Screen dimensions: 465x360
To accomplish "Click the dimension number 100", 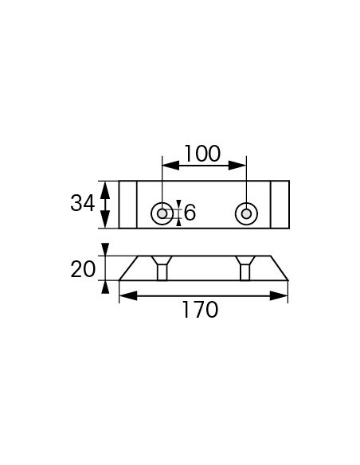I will tap(202, 152).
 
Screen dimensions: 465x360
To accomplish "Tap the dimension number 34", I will tap(82, 203).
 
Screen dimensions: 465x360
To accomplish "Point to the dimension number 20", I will tap(82, 269).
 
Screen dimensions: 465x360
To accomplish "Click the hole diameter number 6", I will tap(190, 213).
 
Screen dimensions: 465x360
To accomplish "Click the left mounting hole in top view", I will tap(162, 213).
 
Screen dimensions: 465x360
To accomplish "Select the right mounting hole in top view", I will tap(245, 213).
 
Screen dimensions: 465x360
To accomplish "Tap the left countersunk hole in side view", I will tap(162, 268).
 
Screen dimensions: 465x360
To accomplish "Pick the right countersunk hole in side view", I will tap(245, 268).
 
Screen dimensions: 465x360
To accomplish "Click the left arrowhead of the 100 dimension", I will tap(166, 166).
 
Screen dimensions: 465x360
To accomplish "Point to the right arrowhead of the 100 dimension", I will tap(241, 166).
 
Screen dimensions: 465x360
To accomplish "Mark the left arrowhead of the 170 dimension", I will tap(124, 295).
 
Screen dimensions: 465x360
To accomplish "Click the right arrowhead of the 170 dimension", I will tap(283, 295).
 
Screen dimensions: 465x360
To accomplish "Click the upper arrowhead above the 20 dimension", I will tap(105, 249).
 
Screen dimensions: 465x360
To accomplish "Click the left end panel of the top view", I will tap(127, 204).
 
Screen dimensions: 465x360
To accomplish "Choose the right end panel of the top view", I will tap(280, 204).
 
